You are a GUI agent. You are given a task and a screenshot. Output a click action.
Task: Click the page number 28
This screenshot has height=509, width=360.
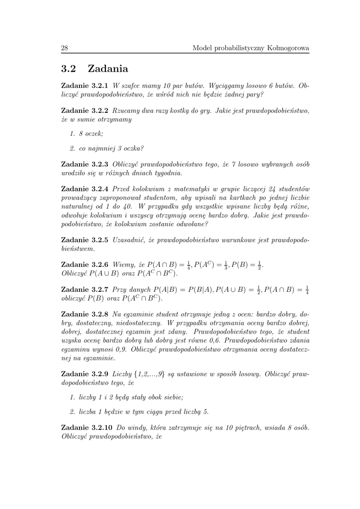pyautogui.click(x=64, y=48)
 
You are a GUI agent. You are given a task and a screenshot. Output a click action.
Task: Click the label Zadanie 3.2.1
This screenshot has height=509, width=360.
pyautogui.click(x=84, y=86)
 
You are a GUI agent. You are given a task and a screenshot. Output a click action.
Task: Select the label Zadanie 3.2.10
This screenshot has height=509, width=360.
pyautogui.click(x=86, y=427)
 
